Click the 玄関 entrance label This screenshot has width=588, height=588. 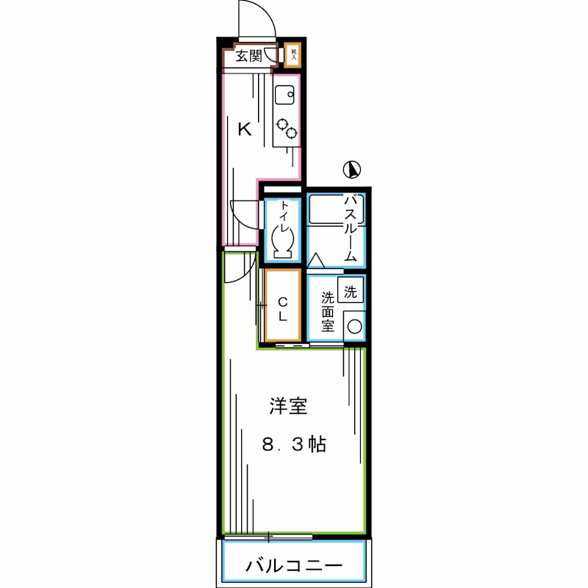coord(249,56)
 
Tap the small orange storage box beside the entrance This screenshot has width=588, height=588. coord(293,54)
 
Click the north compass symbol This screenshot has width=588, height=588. coord(353,170)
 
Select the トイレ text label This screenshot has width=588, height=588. coord(284,214)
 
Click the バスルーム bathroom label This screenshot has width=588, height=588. coord(351,228)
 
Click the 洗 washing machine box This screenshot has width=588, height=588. coord(351,291)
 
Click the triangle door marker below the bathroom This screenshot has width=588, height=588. coord(317,260)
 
